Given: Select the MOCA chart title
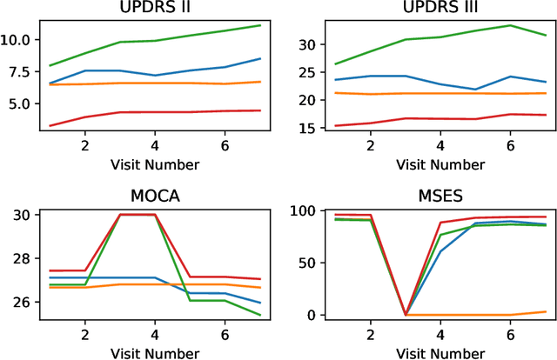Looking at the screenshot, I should click(x=154, y=196).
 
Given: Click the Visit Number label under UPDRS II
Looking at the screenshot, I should click(x=154, y=163).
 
